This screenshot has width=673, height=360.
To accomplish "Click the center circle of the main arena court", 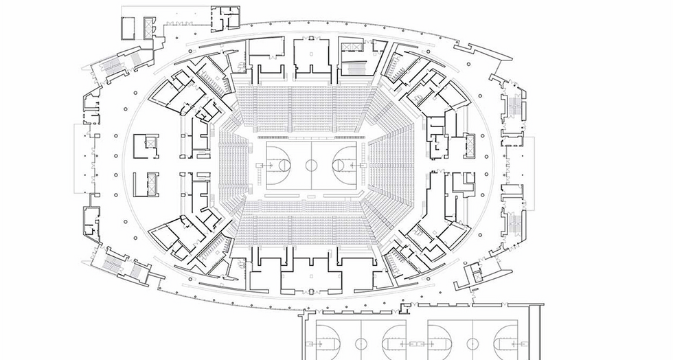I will click(311, 165).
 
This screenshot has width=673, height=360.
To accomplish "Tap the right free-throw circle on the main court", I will click(339, 165).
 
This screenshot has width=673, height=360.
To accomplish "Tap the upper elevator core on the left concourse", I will click(145, 146).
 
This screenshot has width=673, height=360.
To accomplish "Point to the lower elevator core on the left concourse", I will click(145, 185).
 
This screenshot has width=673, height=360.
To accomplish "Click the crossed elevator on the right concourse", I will click(470, 144).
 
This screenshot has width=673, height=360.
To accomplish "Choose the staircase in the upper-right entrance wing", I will click(511, 105).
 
